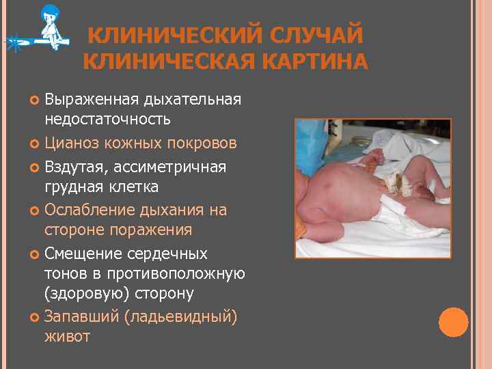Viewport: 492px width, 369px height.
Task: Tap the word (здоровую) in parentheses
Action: point(85,294)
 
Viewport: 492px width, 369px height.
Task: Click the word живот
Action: point(67,337)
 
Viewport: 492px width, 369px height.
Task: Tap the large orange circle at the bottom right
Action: point(453,322)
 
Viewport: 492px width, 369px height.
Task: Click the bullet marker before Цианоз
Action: point(35,144)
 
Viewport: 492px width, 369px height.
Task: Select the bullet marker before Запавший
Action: point(35,316)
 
